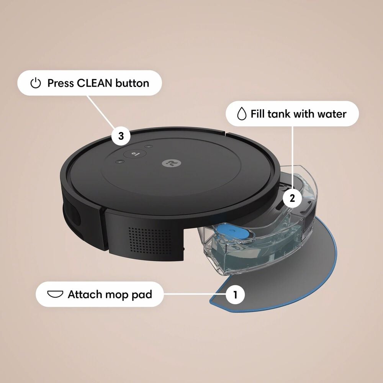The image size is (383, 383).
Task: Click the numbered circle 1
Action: pyautogui.click(x=235, y=295)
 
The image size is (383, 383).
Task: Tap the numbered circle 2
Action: pyautogui.click(x=293, y=198)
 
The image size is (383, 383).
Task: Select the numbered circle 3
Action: pyautogui.click(x=121, y=136)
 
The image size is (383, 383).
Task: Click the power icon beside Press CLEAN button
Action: pyautogui.click(x=35, y=83)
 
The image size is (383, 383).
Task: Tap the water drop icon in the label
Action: pyautogui.click(x=241, y=114)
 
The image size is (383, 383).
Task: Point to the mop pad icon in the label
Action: pyautogui.click(x=55, y=294)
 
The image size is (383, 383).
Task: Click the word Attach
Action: pyautogui.click(x=85, y=294)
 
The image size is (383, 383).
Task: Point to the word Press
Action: pyautogui.click(x=61, y=83)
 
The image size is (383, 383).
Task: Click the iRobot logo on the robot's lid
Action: pyautogui.click(x=167, y=163)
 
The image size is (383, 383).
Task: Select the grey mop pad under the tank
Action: pyautogui.click(x=291, y=276)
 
